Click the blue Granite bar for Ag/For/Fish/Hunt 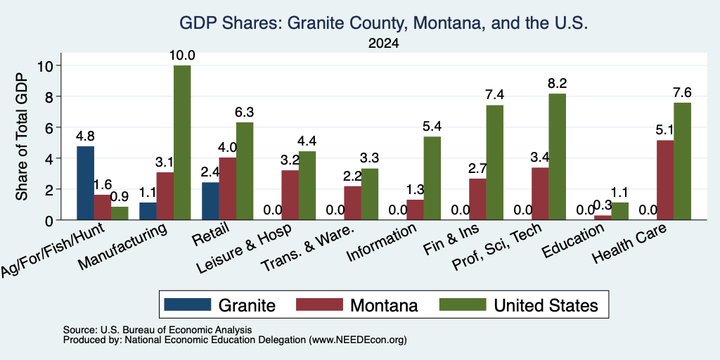click(85, 184)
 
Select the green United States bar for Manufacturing click(182, 143)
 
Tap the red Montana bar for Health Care click(665, 180)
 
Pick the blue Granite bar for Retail click(210, 201)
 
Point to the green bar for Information click(432, 178)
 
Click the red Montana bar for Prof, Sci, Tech click(540, 194)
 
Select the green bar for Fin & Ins click(494, 162)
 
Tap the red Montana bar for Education click(603, 218)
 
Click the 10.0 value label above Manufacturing click(182, 56)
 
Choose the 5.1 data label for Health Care click(664, 130)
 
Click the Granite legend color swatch click(187, 305)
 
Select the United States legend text click(546, 305)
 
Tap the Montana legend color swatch click(319, 305)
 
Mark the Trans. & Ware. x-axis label click(308, 248)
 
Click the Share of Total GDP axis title click(22, 136)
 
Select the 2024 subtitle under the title click(383, 44)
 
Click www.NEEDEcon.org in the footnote click(358, 340)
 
